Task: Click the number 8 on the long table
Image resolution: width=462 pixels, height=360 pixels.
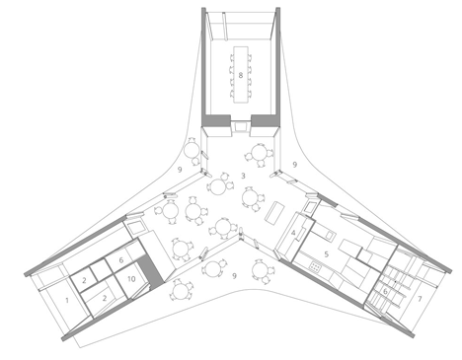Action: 241,75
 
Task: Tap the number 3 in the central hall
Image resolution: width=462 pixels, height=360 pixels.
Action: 243,176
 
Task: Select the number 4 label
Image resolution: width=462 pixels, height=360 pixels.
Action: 293,233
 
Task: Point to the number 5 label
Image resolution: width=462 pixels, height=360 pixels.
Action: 327,254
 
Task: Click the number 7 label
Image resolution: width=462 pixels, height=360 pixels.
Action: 420,299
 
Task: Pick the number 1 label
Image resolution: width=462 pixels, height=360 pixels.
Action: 67,300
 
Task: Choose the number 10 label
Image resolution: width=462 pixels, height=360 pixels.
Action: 131,279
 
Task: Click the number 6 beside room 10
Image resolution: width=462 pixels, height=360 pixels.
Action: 121,260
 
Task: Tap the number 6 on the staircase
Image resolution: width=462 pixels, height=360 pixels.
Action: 385,292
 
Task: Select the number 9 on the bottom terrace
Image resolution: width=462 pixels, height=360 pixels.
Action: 234,276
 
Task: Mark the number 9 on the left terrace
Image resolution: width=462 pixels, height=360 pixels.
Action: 180,170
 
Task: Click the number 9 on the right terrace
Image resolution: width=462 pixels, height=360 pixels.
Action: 295,165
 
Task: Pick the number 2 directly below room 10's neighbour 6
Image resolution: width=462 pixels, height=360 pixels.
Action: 105,298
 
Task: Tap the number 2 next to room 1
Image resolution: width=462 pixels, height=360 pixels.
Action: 84,280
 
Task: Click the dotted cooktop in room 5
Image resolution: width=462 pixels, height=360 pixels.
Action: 315,266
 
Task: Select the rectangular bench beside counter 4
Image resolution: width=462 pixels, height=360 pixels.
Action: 275,213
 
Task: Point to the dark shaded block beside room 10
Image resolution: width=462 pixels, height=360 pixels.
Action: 150,270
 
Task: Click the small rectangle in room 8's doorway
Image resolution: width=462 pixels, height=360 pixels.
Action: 241,126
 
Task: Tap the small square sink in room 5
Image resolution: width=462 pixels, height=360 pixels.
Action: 330,236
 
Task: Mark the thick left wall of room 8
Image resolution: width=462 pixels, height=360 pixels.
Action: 204,66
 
